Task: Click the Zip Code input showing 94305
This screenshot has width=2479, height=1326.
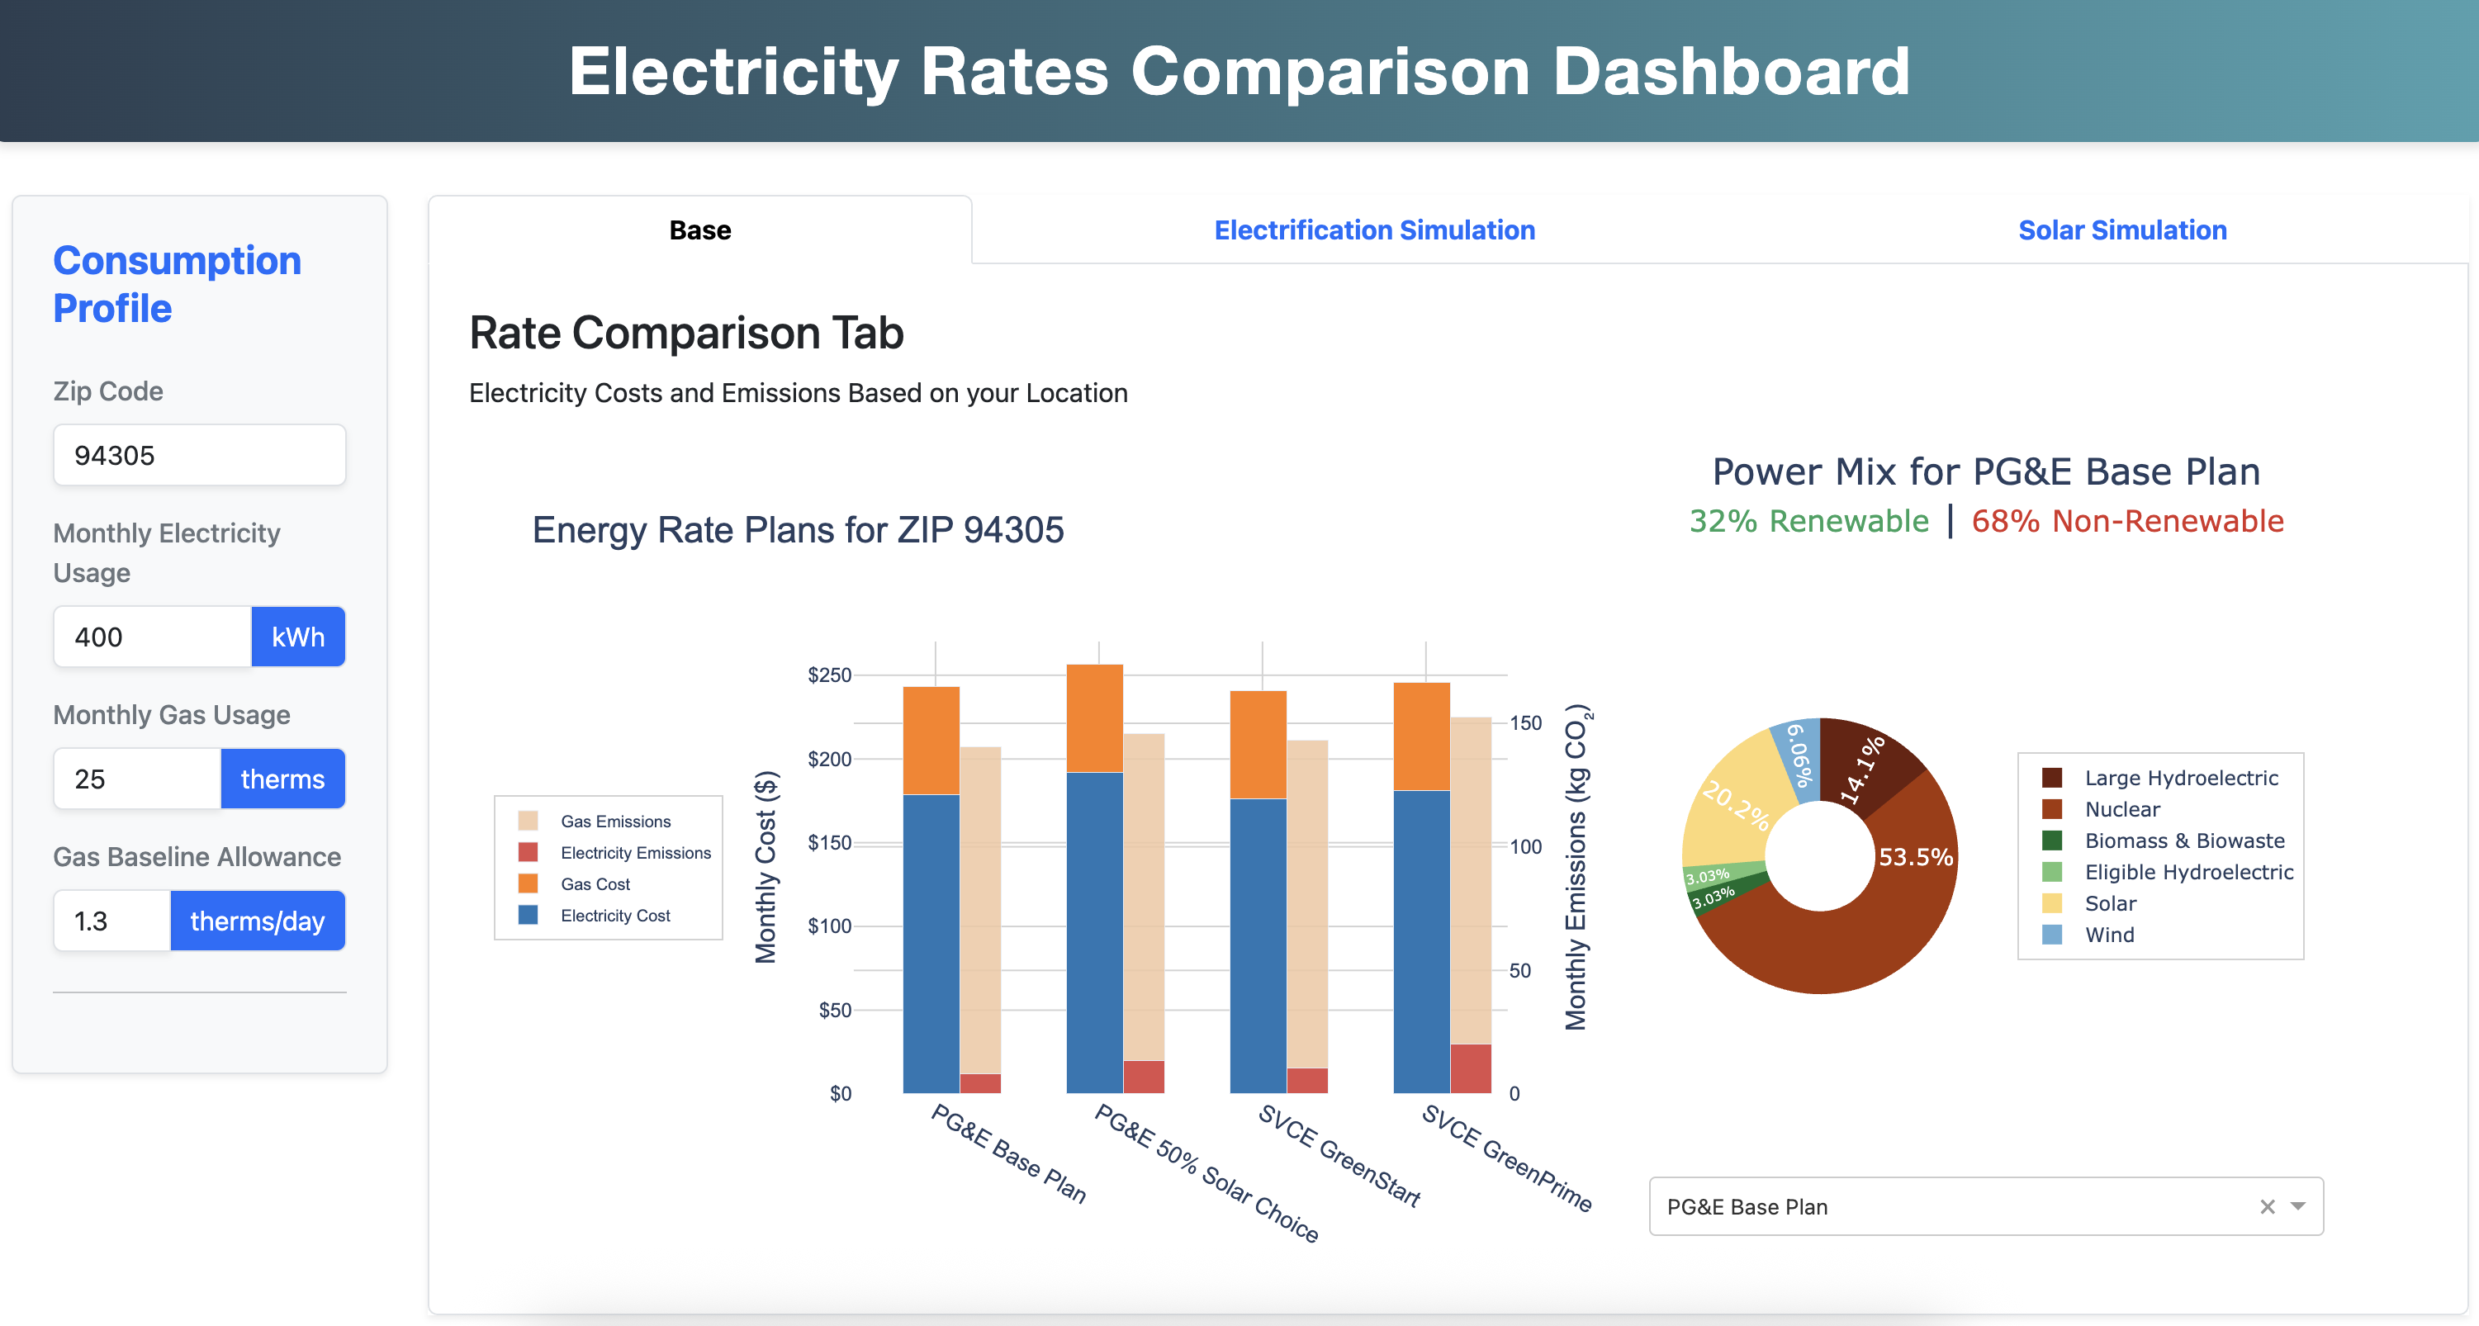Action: (x=199, y=455)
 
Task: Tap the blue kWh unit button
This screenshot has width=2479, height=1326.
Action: (x=297, y=637)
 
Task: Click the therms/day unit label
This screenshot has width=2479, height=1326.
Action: (x=257, y=921)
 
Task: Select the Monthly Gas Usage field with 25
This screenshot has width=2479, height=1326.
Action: (x=136, y=779)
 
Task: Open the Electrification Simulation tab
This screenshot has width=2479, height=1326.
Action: (x=1373, y=230)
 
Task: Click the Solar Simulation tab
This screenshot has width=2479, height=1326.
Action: (x=2122, y=230)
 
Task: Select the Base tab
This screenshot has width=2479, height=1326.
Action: (x=699, y=230)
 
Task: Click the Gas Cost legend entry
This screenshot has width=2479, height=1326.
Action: (x=595, y=884)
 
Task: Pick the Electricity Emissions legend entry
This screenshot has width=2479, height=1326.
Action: (x=635, y=853)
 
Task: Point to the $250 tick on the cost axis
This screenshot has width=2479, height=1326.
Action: (x=830, y=675)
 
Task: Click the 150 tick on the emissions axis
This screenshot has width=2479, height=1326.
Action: (x=1525, y=722)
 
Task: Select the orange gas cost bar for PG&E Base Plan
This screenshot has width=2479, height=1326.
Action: (x=931, y=739)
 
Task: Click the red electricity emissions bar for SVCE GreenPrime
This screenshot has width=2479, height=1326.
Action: (x=1471, y=1068)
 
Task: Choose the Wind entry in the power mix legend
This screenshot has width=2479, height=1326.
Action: (x=2108, y=935)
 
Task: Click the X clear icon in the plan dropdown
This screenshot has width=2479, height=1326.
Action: (x=2268, y=1206)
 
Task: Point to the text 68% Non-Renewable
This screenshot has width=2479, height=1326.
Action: (x=2126, y=521)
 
